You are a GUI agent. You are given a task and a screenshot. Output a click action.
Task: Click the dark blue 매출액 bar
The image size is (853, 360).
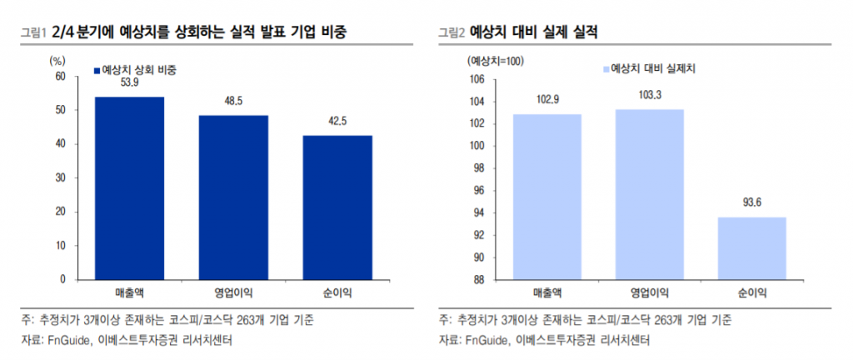click(129, 187)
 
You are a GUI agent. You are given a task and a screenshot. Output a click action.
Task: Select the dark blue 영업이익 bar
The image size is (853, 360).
click(233, 197)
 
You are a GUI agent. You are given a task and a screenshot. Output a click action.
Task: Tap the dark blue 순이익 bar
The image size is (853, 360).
click(337, 207)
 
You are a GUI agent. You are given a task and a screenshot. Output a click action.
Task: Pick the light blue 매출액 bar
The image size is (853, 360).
click(546, 197)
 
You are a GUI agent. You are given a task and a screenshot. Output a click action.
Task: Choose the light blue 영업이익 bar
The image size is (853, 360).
click(650, 194)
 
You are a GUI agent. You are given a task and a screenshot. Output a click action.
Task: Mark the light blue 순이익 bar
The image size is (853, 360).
click(753, 247)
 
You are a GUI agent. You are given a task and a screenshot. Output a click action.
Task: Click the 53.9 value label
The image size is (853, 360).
click(129, 84)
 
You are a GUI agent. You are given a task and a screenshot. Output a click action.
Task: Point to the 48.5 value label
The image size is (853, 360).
click(233, 102)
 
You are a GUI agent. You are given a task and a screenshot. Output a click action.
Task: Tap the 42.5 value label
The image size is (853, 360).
click(337, 122)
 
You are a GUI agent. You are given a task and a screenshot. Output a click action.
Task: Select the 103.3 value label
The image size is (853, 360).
click(650, 96)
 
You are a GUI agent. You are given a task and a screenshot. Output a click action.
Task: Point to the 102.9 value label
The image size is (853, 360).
click(546, 100)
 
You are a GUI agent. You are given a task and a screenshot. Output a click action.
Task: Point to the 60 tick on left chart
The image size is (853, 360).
click(60, 76)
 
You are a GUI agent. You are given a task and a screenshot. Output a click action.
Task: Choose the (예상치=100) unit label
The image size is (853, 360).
click(495, 59)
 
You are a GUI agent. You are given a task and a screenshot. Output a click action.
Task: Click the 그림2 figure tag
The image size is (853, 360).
click(451, 32)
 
